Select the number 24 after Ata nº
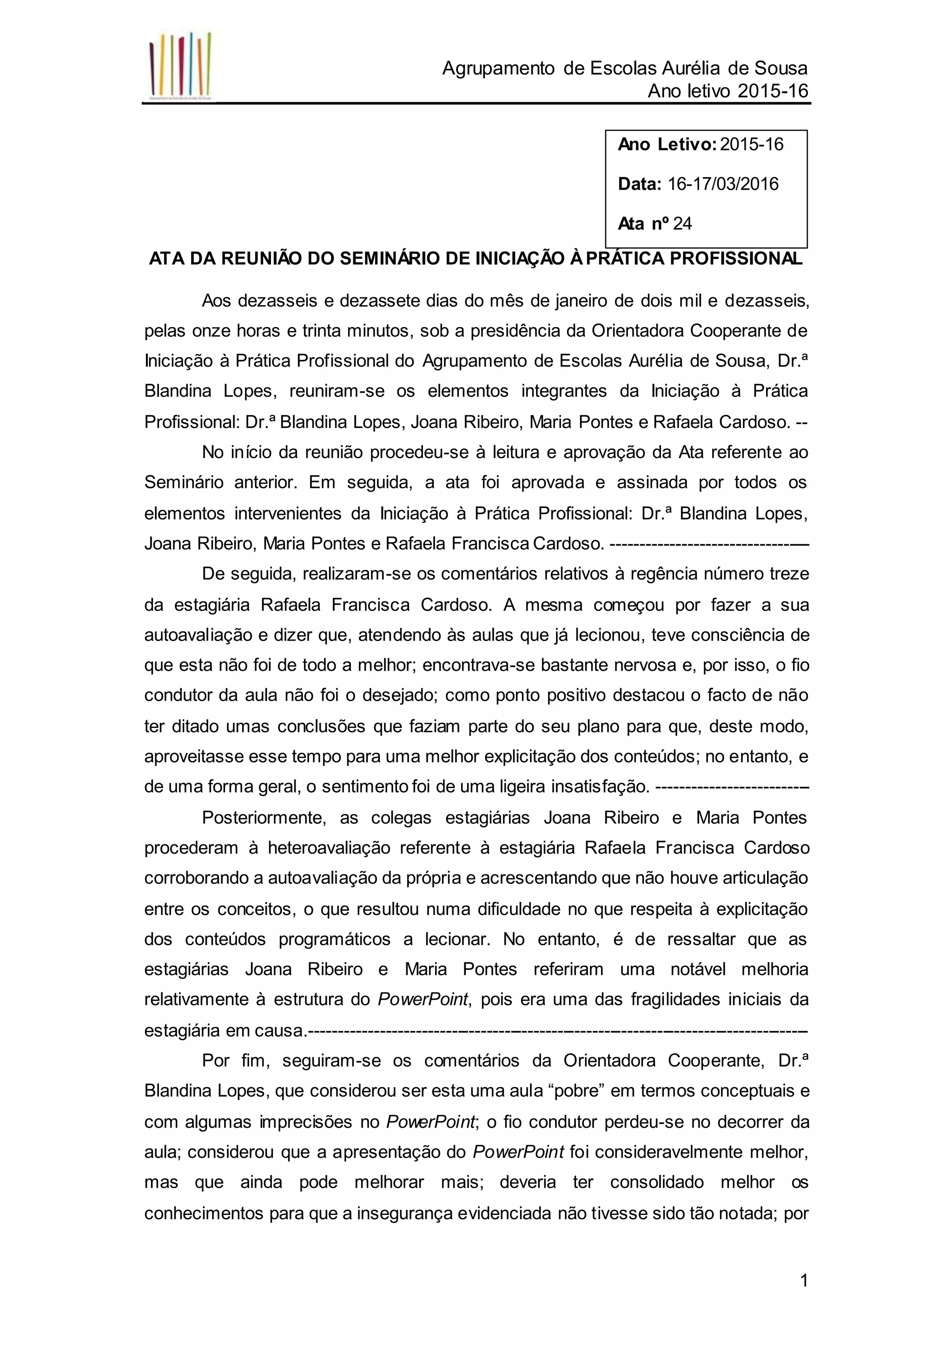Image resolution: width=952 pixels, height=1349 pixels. click(682, 224)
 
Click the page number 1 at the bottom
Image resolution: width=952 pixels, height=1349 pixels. click(804, 1280)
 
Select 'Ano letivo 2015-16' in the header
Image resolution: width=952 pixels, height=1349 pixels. click(727, 91)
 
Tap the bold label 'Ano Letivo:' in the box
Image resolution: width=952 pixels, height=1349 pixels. click(667, 145)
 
